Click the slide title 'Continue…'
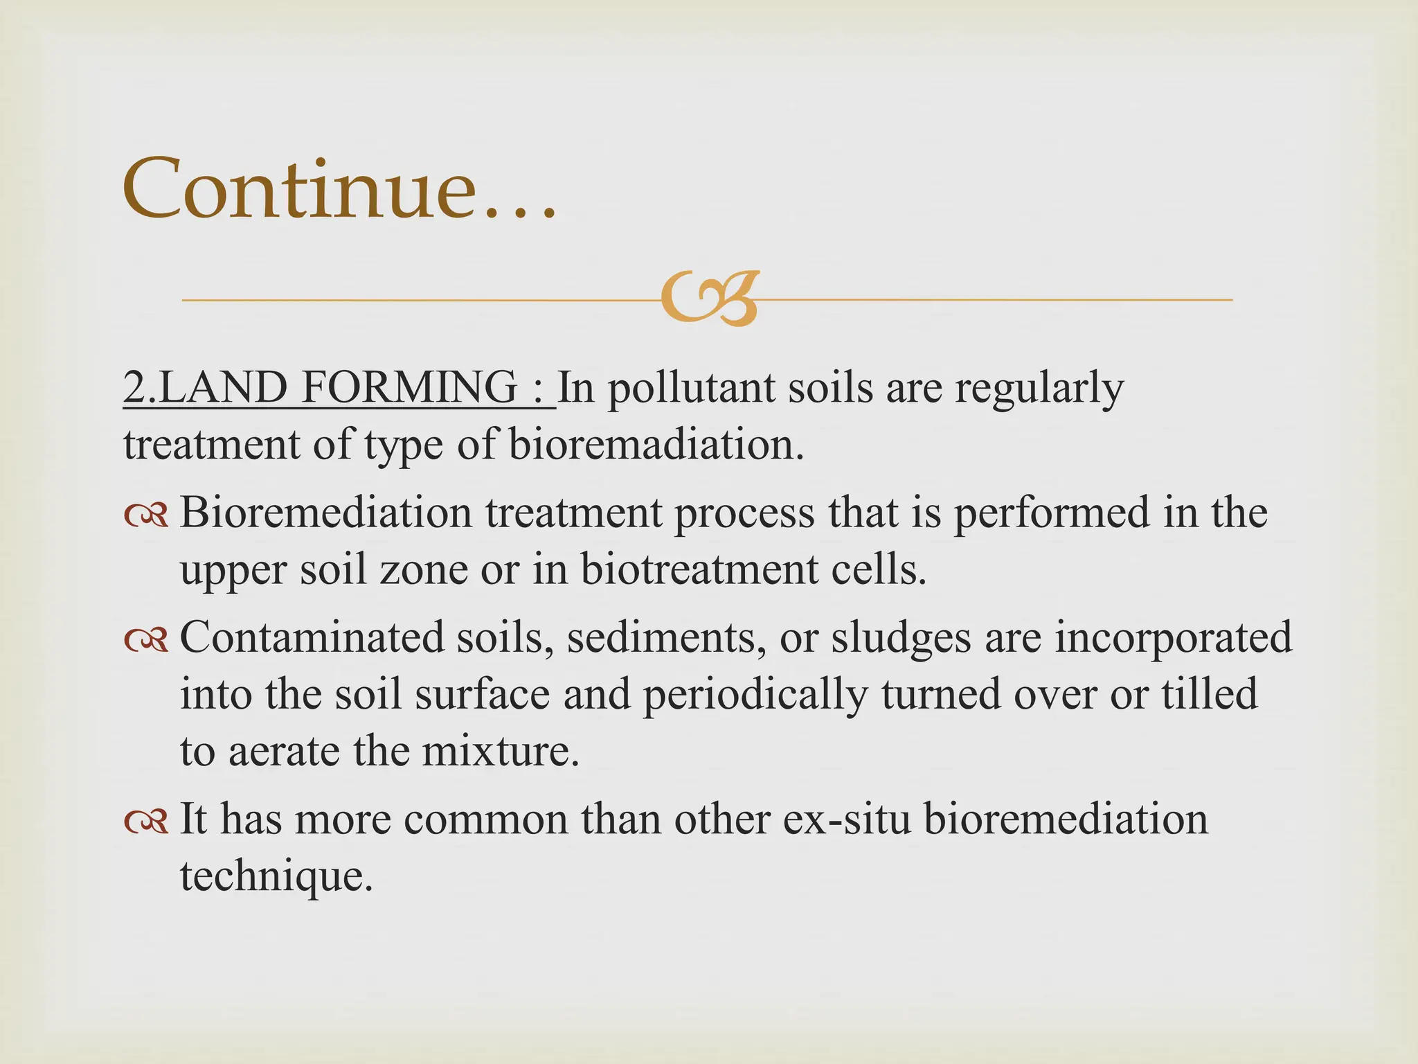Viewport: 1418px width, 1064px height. [x=339, y=188]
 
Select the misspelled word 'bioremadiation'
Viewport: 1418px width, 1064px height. [x=656, y=444]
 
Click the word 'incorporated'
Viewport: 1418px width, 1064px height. [x=1173, y=638]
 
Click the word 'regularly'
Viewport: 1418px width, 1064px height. [x=1039, y=389]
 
